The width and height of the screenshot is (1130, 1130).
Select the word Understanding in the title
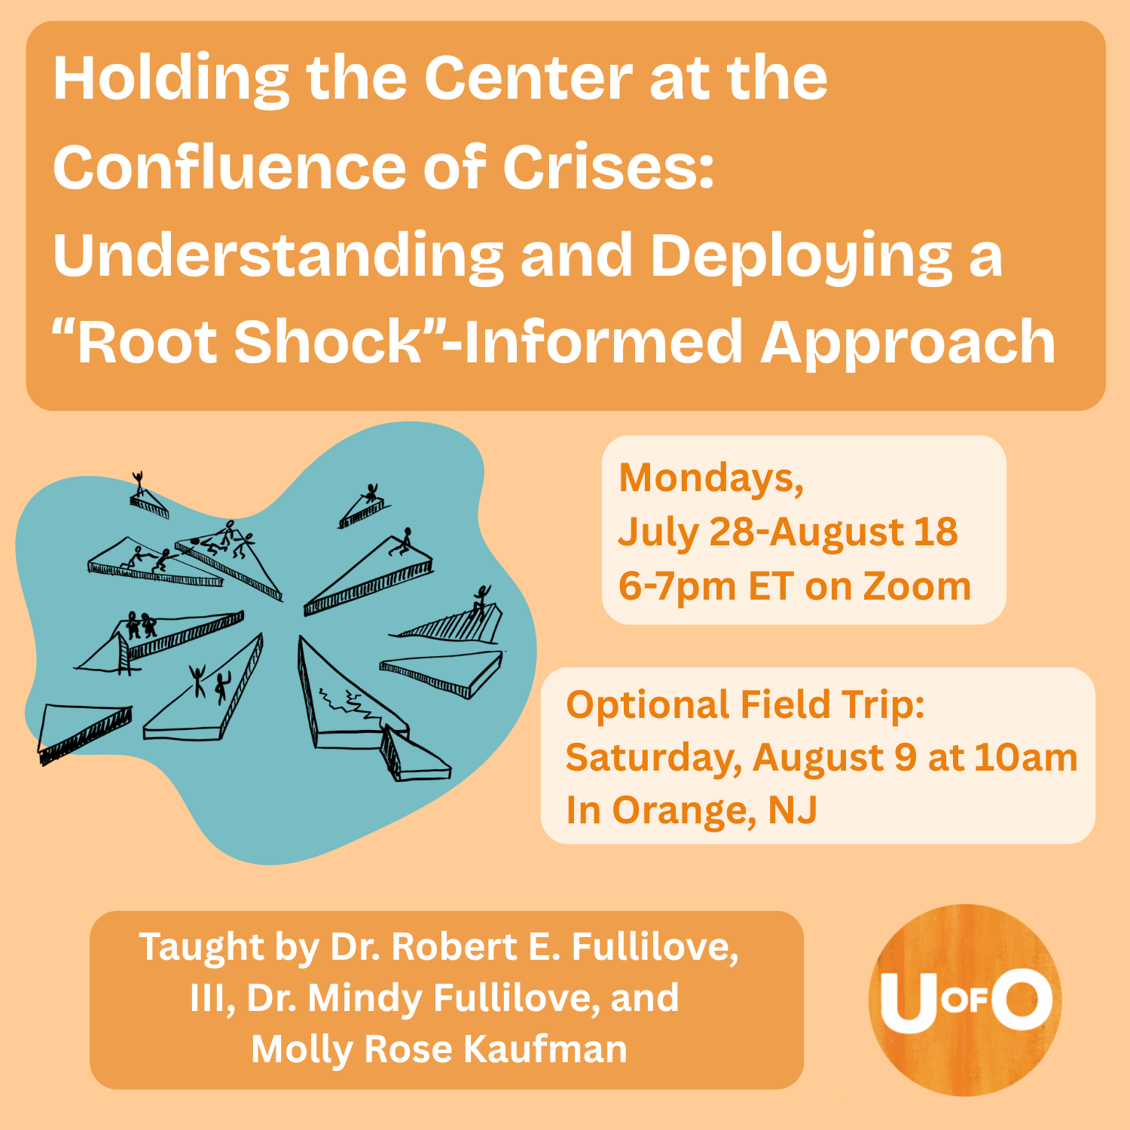pos(278,257)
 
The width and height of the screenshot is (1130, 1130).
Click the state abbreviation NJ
pos(793,811)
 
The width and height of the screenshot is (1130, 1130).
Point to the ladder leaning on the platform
pos(123,653)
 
